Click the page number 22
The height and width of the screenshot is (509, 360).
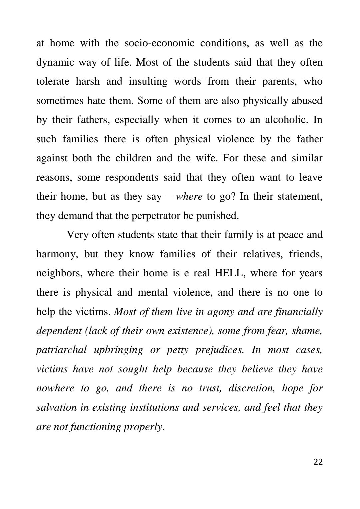(318, 462)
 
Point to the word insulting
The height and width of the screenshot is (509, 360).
(148, 82)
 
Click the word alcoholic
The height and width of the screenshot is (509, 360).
(286, 120)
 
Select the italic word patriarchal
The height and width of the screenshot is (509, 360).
(61, 350)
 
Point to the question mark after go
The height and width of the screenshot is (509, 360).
(233, 196)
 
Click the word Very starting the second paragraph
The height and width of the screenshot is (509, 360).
(78, 235)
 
